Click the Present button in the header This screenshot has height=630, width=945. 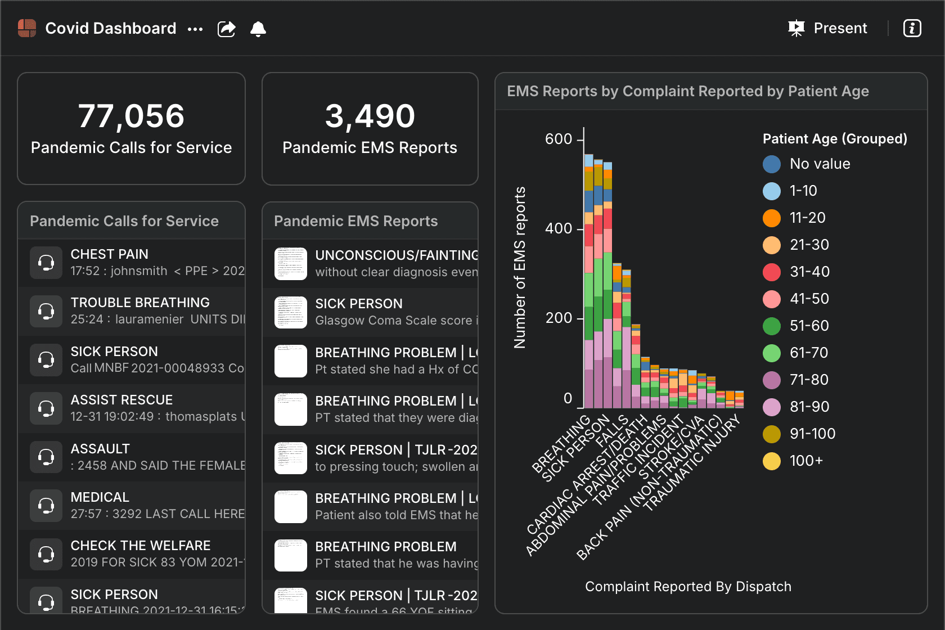[x=828, y=28]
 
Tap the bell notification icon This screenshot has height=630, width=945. [x=258, y=29]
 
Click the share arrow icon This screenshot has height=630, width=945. [x=226, y=29]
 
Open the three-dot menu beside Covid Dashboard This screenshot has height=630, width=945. [x=195, y=29]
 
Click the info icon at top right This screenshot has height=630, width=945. [x=912, y=28]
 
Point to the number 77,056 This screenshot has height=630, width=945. [x=131, y=116]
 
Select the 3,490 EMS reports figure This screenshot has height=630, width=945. [x=370, y=116]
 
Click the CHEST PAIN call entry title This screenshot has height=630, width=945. [x=110, y=254]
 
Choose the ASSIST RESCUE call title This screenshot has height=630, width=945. [x=121, y=400]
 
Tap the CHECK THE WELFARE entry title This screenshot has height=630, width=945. [x=141, y=546]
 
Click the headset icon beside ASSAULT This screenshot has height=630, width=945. [x=46, y=457]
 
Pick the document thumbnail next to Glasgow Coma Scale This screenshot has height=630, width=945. [x=291, y=312]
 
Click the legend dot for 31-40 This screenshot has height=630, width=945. [x=772, y=272]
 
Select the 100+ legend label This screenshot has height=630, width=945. [x=806, y=461]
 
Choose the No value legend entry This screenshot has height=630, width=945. [x=820, y=164]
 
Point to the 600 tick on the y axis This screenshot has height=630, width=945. [x=559, y=139]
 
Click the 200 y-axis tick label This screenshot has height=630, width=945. [x=559, y=318]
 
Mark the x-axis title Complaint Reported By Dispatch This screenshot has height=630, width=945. [x=688, y=587]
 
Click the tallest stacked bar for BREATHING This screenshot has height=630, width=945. [x=589, y=281]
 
